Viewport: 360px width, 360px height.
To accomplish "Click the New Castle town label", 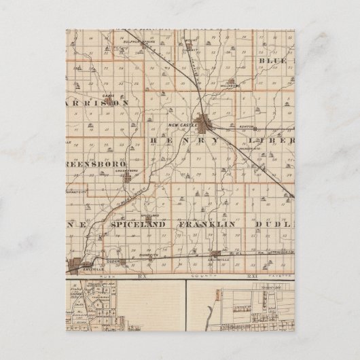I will click(185, 125).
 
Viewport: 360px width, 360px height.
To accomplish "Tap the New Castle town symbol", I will click(202, 124).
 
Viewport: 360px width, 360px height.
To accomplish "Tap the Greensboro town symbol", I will click(127, 178).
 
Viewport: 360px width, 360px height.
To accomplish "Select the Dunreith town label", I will click(151, 255).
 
